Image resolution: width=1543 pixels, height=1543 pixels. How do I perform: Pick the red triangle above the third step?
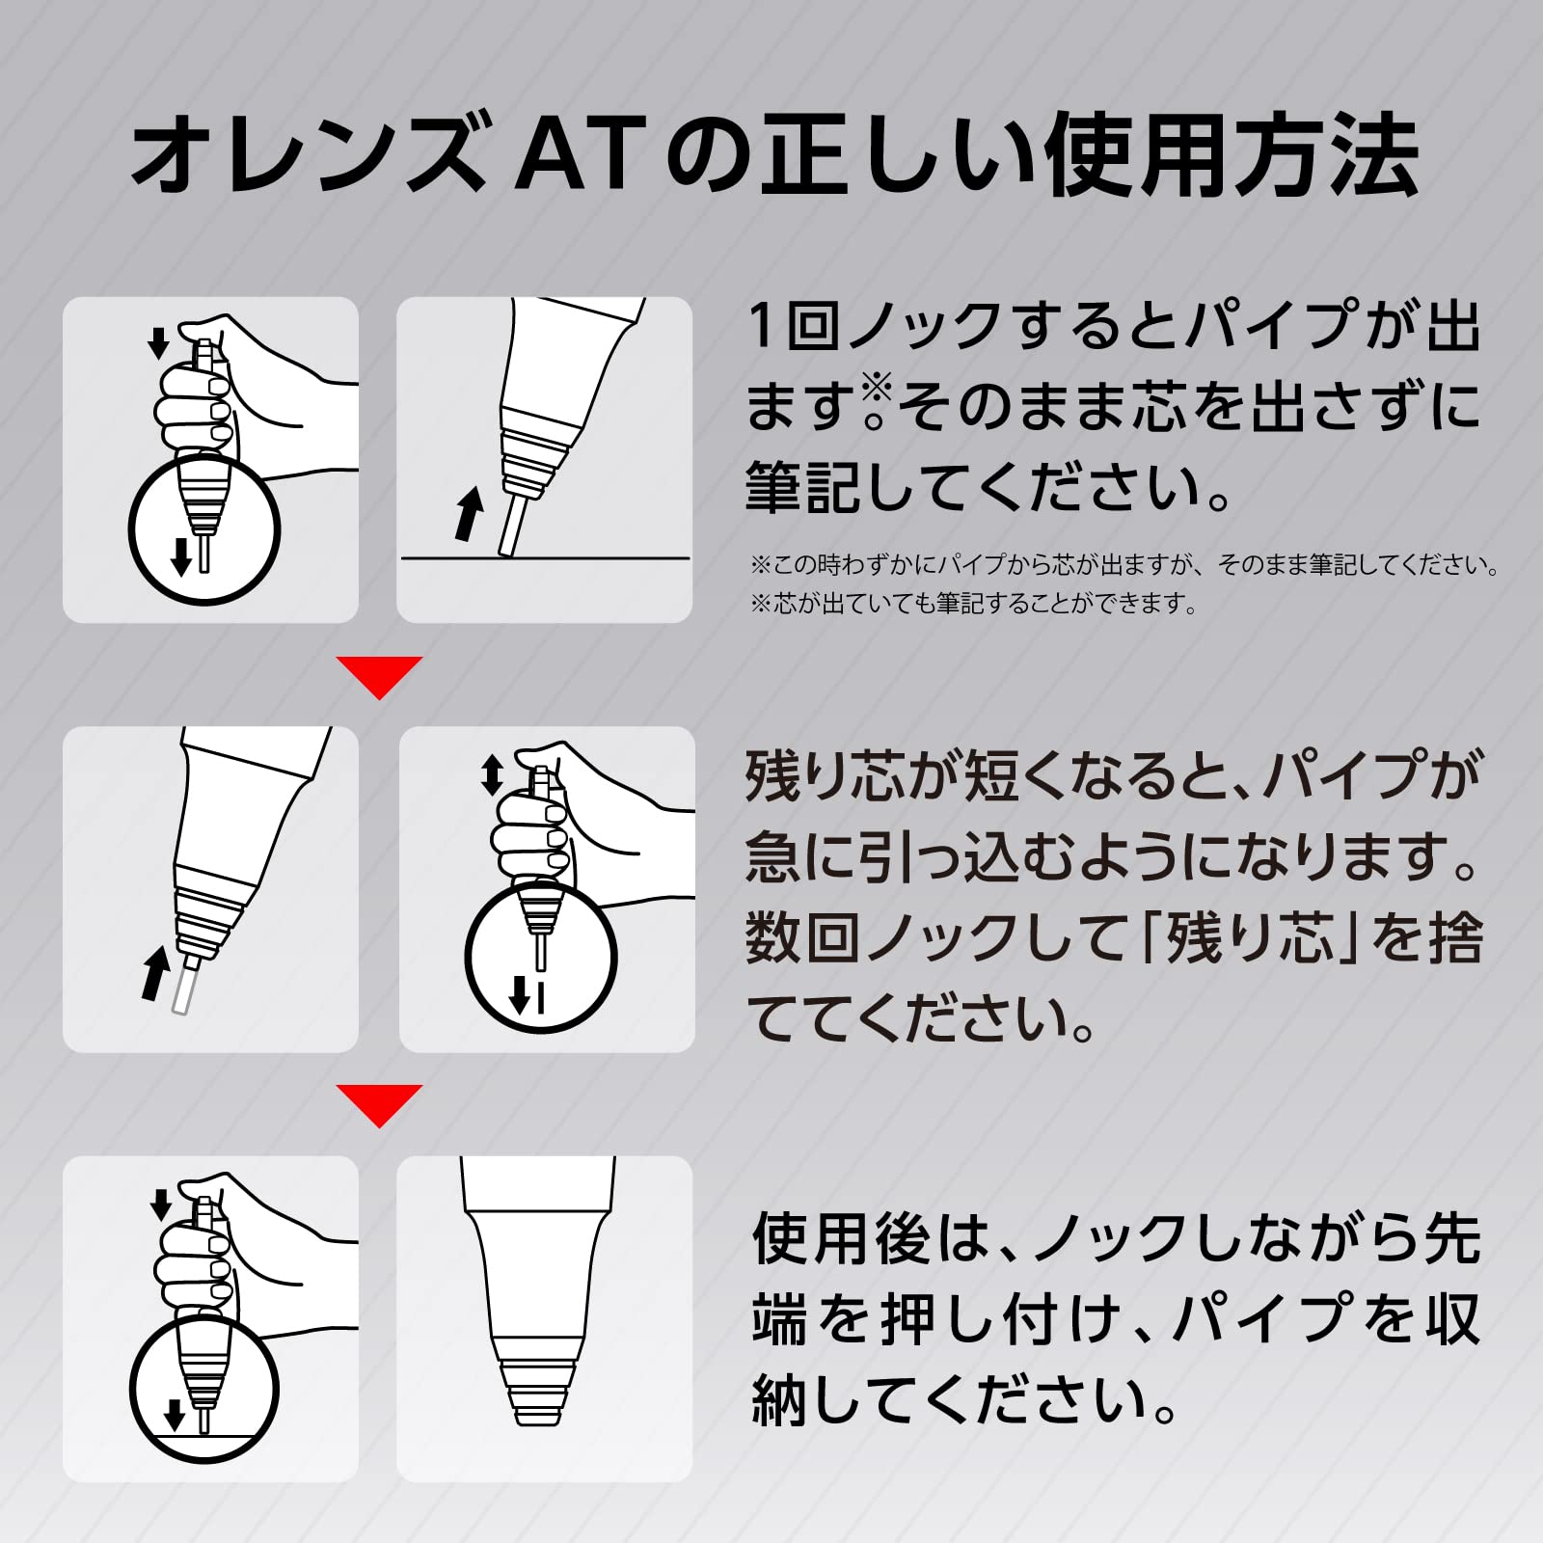pyautogui.click(x=379, y=1105)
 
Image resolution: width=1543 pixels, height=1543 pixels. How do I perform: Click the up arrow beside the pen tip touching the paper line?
pyautogui.click(x=469, y=513)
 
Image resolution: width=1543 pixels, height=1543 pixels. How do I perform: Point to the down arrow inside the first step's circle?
pyautogui.click(x=180, y=555)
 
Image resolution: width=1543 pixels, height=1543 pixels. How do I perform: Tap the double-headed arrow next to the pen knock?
pyautogui.click(x=492, y=774)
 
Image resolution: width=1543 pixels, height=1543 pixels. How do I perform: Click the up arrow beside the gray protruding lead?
pyautogui.click(x=155, y=972)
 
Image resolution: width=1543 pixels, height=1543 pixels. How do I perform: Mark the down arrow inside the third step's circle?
pyautogui.click(x=174, y=1415)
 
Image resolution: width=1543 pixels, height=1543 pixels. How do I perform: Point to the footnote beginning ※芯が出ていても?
pyautogui.click(x=973, y=604)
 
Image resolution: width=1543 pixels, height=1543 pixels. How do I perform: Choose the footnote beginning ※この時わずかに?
pyautogui.click(x=1124, y=564)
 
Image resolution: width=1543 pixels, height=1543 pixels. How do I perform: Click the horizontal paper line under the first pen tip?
pyautogui.click(x=545, y=557)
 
